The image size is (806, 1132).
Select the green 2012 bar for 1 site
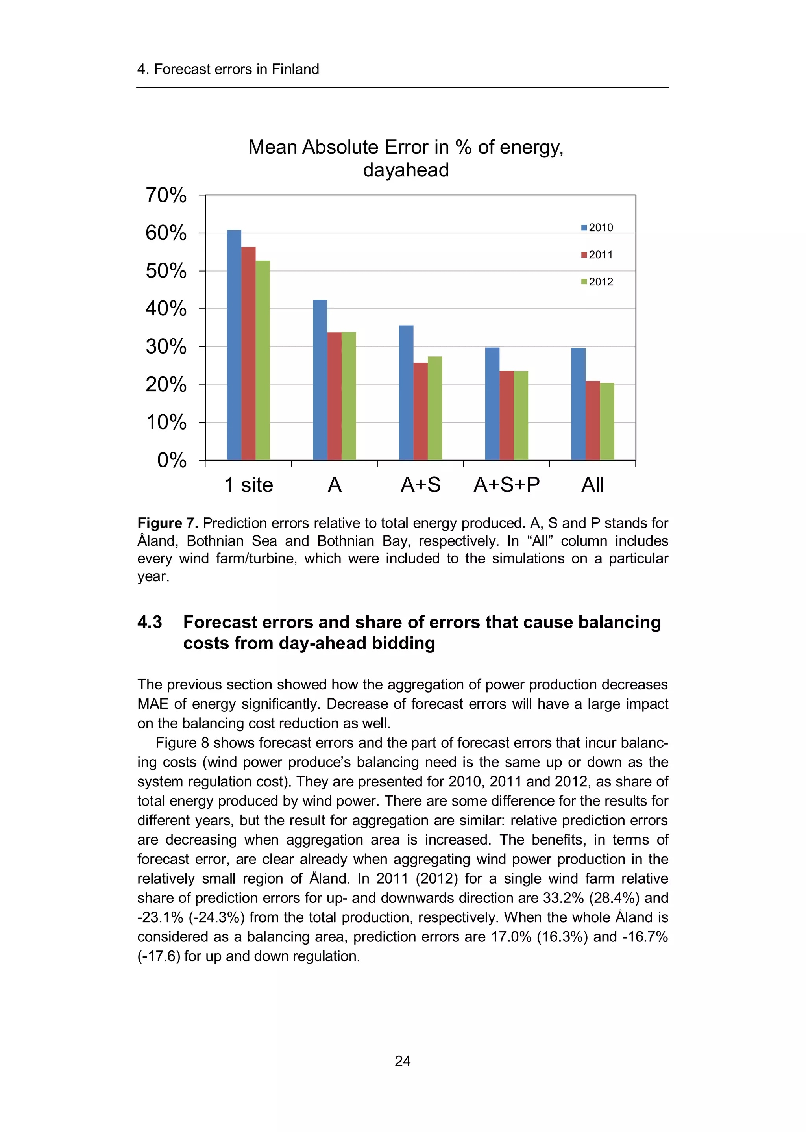tap(263, 360)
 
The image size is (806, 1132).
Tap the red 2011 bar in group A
tap(335, 396)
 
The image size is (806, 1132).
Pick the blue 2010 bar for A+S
tap(406, 392)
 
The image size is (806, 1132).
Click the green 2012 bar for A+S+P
tap(521, 415)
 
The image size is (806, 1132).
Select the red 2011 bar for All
tap(593, 420)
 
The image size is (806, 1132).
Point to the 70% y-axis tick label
tap(166, 195)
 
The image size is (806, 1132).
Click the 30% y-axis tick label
tap(166, 346)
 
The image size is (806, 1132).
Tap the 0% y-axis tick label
tap(172, 460)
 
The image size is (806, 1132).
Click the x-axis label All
tap(593, 485)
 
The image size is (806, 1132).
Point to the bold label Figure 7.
tap(168, 523)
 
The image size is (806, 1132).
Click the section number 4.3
tap(150, 622)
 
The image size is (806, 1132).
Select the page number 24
tap(403, 1061)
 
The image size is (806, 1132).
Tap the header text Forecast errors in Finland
tap(236, 69)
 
